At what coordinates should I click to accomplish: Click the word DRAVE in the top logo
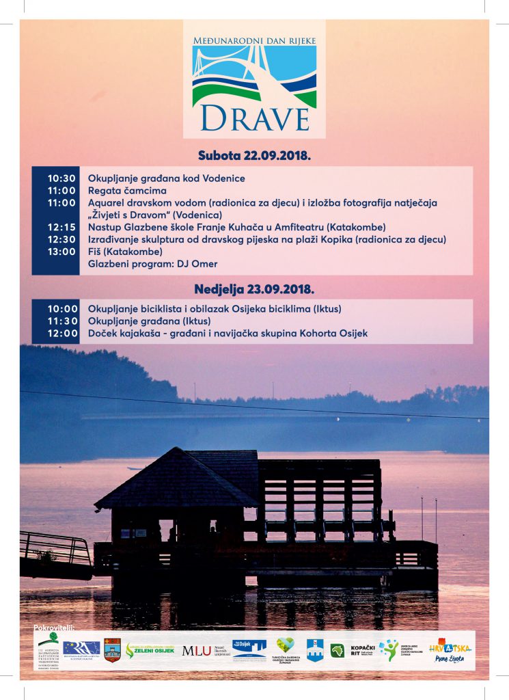pyautogui.click(x=254, y=118)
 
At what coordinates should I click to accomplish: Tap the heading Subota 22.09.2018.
pyautogui.click(x=254, y=155)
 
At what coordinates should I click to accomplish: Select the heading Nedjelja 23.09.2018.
pyautogui.click(x=254, y=289)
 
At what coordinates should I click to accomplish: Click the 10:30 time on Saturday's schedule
pyautogui.click(x=61, y=178)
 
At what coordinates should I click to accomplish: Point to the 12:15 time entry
pyautogui.click(x=61, y=227)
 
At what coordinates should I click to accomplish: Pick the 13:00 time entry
pyautogui.click(x=61, y=252)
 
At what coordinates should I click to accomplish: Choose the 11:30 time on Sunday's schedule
pyautogui.click(x=61, y=321)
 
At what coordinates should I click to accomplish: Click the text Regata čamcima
pyautogui.click(x=127, y=191)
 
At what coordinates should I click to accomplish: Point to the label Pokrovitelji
pyautogui.click(x=53, y=627)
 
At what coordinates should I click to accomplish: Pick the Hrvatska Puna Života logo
pyautogui.click(x=450, y=649)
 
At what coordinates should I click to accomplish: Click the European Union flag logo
pyautogui.click(x=81, y=648)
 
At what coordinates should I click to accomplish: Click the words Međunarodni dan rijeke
pyautogui.click(x=254, y=40)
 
